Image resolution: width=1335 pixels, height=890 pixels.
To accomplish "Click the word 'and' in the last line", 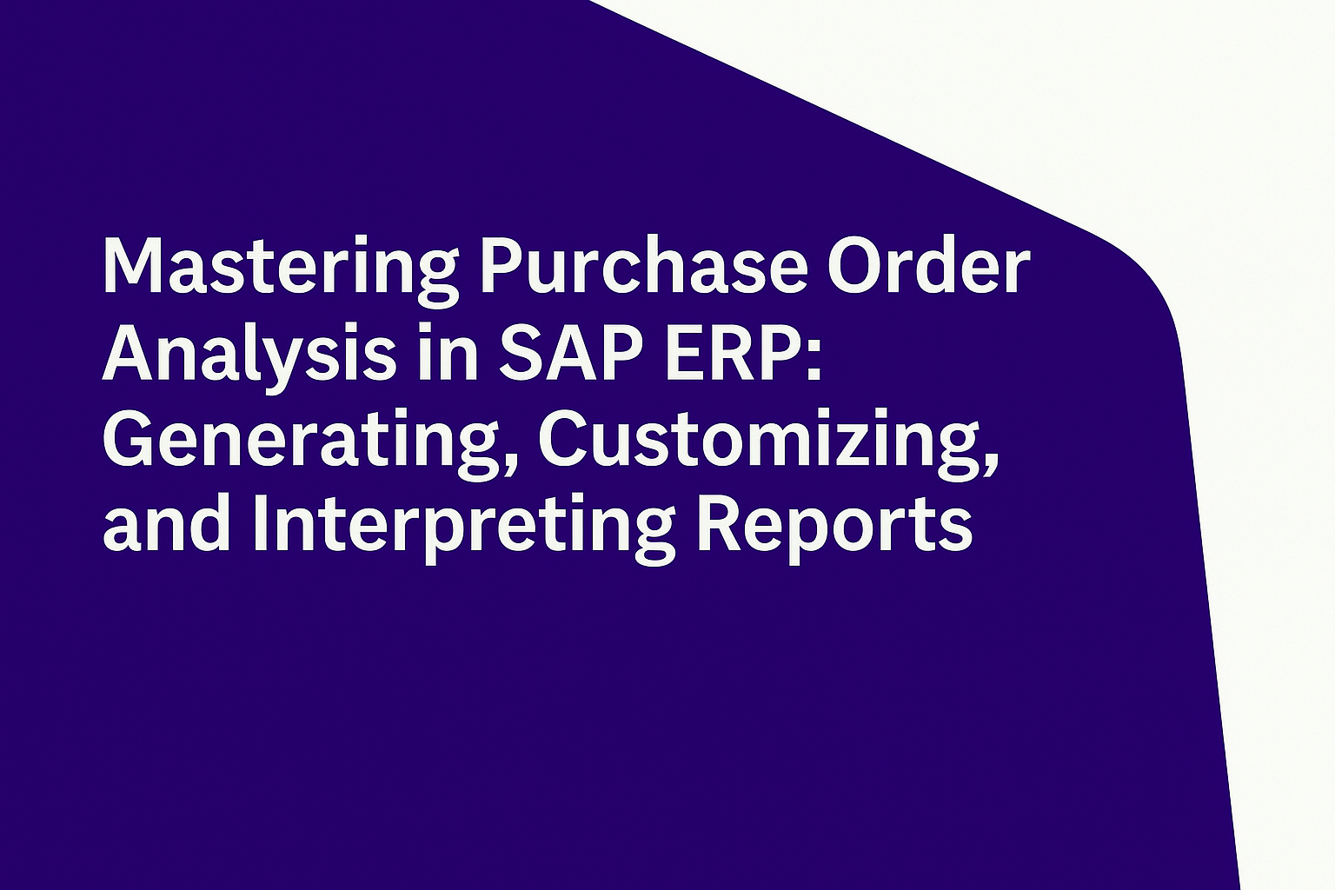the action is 166,525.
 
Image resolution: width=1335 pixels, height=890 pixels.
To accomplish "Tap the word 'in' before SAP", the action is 448,352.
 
